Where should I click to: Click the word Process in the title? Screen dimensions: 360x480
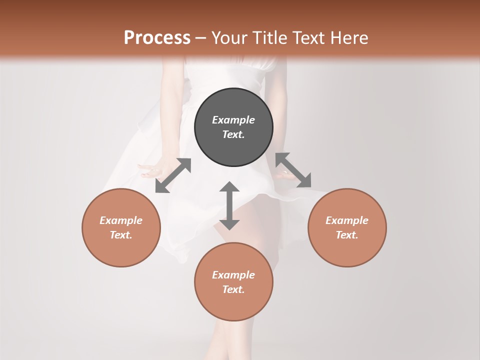pos(157,38)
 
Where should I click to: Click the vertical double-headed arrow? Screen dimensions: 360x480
pos(229,205)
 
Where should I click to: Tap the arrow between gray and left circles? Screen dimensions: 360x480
pos(173,175)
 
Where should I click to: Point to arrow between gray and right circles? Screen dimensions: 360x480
pos(293,170)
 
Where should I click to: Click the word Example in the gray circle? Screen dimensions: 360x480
pos(233,120)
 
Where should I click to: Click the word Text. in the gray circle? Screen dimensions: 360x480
pos(233,134)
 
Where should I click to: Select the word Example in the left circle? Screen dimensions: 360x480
pos(121,220)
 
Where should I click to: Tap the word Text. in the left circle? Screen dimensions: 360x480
pos(121,235)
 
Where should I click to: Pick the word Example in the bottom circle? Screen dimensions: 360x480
pos(233,275)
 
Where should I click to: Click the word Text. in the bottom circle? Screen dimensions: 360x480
pos(233,289)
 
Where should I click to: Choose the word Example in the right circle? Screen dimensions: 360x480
pos(347,220)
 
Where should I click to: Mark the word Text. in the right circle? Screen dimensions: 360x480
pos(347,235)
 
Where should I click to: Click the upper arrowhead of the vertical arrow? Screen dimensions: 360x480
pos(229,187)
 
